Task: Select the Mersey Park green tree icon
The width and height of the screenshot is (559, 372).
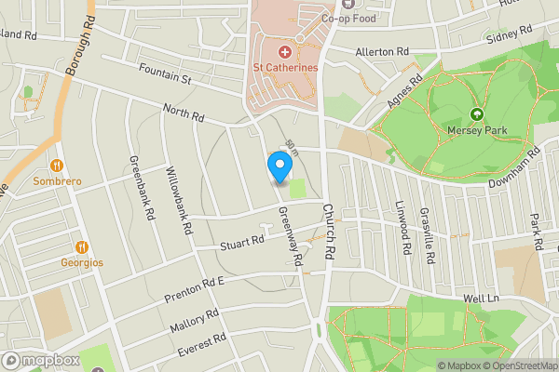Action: [477, 114]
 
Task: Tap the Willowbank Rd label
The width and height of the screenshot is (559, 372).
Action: [178, 200]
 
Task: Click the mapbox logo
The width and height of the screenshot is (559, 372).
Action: [40, 360]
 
